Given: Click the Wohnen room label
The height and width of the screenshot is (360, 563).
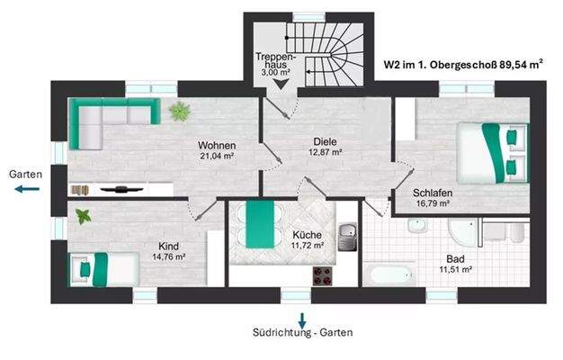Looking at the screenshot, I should pyautogui.click(x=218, y=145).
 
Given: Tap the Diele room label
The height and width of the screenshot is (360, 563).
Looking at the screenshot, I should pyautogui.click(x=325, y=140).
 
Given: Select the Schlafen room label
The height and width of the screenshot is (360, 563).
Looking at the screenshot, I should pyautogui.click(x=432, y=193).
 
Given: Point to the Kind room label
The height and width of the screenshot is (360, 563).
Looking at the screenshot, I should pyautogui.click(x=168, y=246).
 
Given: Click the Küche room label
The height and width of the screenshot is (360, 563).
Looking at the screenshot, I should pyautogui.click(x=307, y=235).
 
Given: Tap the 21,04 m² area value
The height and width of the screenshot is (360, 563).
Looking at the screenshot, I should pyautogui.click(x=218, y=156).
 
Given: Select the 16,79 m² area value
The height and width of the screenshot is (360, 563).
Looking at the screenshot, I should pyautogui.click(x=432, y=203).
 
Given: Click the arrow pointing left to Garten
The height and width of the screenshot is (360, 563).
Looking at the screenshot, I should pyautogui.click(x=26, y=190).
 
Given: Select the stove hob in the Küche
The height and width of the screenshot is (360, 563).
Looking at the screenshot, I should pyautogui.click(x=321, y=274).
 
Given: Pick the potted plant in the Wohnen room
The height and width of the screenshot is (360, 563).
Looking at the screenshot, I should pyautogui.click(x=180, y=112).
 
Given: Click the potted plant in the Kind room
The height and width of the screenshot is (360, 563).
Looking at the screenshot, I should pyautogui.click(x=84, y=217).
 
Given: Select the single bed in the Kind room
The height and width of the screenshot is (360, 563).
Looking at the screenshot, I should pyautogui.click(x=105, y=268).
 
